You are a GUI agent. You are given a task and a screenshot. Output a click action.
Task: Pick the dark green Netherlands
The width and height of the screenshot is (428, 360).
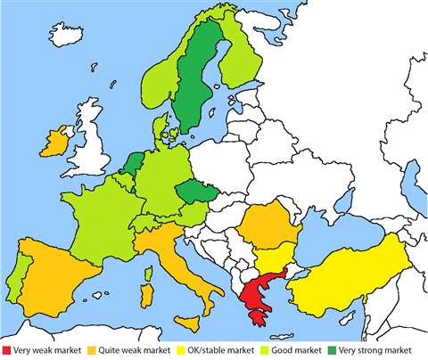pyautogui.click(x=132, y=164)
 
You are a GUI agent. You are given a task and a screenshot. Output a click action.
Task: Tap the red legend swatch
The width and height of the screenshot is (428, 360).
pyautogui.click(x=7, y=348)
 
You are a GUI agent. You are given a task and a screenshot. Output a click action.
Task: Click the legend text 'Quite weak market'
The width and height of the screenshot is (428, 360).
pyautogui.click(x=128, y=348)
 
